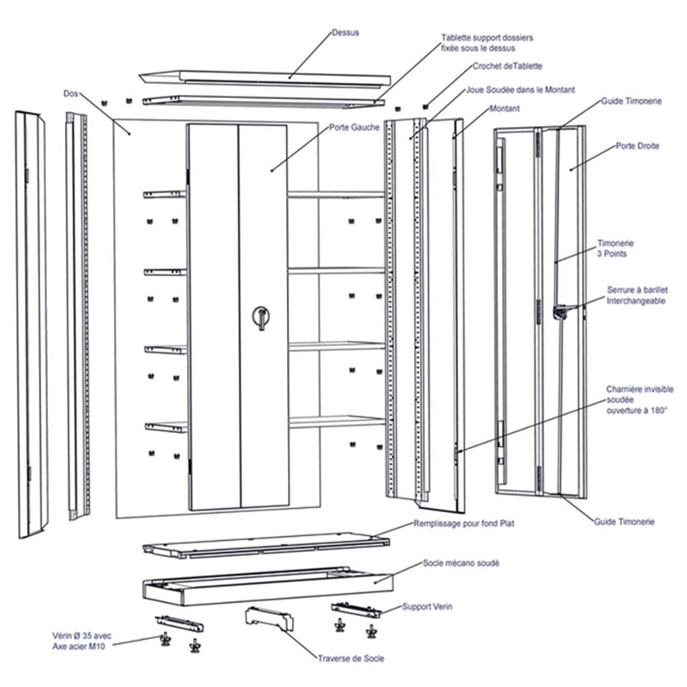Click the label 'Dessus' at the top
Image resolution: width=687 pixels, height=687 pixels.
pyautogui.click(x=346, y=33)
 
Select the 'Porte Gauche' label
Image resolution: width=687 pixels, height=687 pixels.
pyautogui.click(x=354, y=128)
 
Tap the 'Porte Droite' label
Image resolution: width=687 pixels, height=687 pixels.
pyautogui.click(x=637, y=146)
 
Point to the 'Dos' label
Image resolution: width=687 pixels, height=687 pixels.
pyautogui.click(x=71, y=93)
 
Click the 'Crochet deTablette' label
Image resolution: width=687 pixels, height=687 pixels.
pyautogui.click(x=507, y=66)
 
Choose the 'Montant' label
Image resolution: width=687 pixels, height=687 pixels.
pyautogui.click(x=504, y=109)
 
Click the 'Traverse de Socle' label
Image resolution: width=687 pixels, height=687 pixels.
pyautogui.click(x=351, y=658)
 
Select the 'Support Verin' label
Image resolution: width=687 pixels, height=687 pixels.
pyautogui.click(x=427, y=607)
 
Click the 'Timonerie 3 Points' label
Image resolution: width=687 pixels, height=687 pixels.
pyautogui.click(x=615, y=248)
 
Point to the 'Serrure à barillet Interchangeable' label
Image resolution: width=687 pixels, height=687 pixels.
pyautogui.click(x=638, y=295)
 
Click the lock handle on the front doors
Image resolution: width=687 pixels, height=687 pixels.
pyautogui.click(x=261, y=317)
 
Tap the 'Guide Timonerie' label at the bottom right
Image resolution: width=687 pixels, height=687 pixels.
pyautogui.click(x=624, y=522)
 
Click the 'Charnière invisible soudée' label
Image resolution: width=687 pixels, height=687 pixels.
pyautogui.click(x=637, y=399)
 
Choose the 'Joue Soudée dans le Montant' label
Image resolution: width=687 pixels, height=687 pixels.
pyautogui.click(x=520, y=89)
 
